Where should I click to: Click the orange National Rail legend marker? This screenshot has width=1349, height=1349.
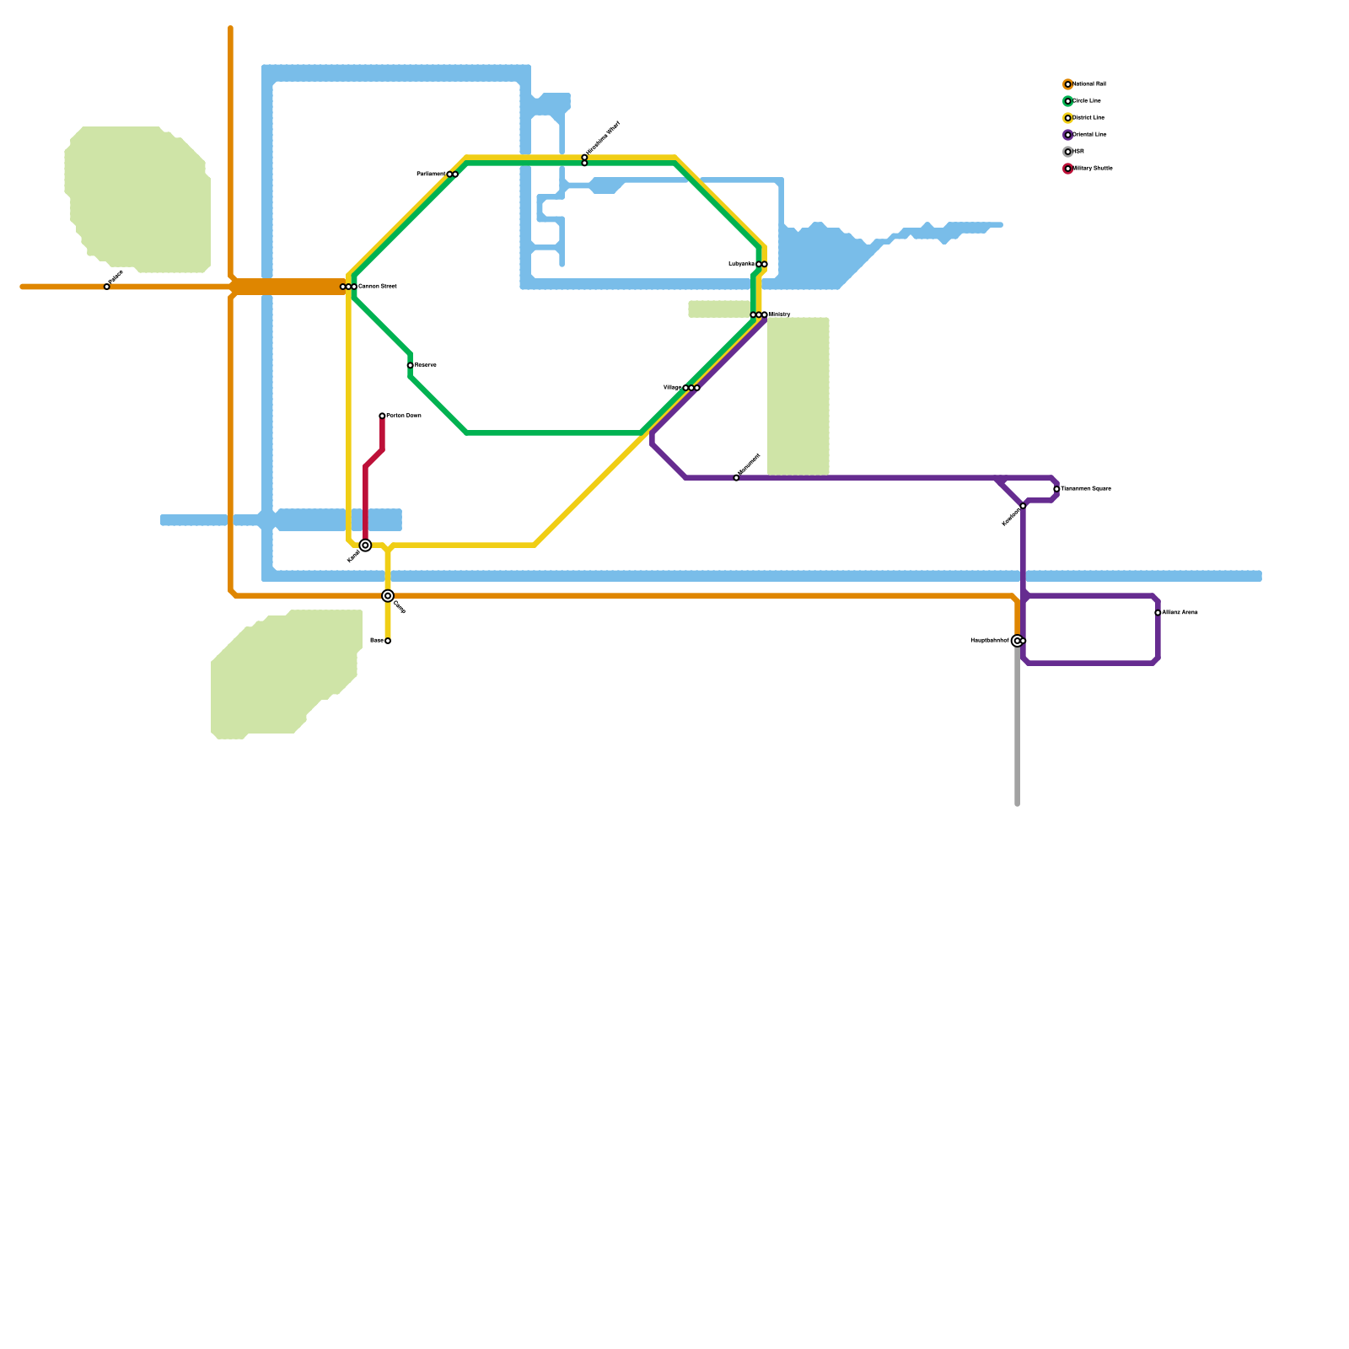tap(1067, 84)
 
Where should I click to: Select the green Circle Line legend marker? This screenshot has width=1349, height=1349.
tap(1067, 101)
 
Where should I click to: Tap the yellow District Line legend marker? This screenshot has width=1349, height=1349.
tap(1067, 118)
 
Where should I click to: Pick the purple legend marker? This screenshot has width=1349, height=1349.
tap(1067, 135)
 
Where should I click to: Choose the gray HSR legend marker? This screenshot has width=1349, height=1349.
tap(1067, 152)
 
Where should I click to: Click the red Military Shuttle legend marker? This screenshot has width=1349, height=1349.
tap(1067, 169)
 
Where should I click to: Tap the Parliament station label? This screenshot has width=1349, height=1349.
tap(431, 175)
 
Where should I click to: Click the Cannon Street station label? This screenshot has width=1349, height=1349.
tap(377, 287)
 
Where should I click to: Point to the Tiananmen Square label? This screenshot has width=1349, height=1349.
tap(1085, 489)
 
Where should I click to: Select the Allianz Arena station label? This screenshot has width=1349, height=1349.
tap(1180, 613)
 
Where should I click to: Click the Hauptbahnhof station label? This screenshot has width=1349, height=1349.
tap(989, 641)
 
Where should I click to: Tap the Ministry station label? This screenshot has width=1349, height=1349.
tap(779, 314)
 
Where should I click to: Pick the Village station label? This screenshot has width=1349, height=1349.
tap(672, 388)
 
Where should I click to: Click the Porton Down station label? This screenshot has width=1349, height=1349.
tap(404, 416)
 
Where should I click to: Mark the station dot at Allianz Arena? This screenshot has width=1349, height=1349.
tap(1158, 613)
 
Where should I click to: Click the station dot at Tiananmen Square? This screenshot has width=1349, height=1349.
tap(1056, 489)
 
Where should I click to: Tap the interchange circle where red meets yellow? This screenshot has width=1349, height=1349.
tap(365, 546)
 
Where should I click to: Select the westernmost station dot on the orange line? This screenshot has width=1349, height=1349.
tap(107, 287)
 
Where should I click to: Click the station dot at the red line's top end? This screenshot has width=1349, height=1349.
tap(382, 416)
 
